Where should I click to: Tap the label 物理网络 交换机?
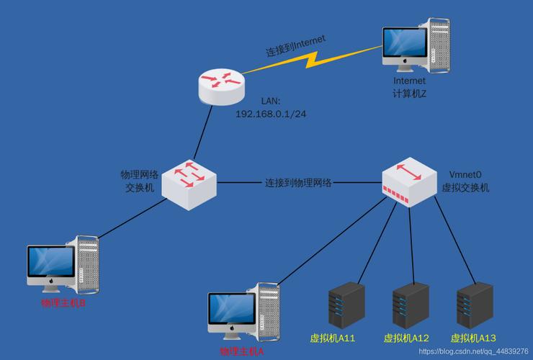pyautogui.click(x=139, y=181)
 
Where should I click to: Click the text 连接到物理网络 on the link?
pyautogui.click(x=298, y=183)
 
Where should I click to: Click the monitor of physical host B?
pyautogui.click(x=50, y=264)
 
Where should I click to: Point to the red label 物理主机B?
pyautogui.click(x=63, y=303)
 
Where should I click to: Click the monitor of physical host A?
pyautogui.click(x=231, y=310)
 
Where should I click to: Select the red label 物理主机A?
pyautogui.click(x=242, y=352)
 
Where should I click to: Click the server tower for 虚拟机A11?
pyautogui.click(x=346, y=304)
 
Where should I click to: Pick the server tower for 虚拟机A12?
pyautogui.click(x=411, y=304)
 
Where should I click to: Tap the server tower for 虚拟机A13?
pyautogui.click(x=475, y=304)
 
